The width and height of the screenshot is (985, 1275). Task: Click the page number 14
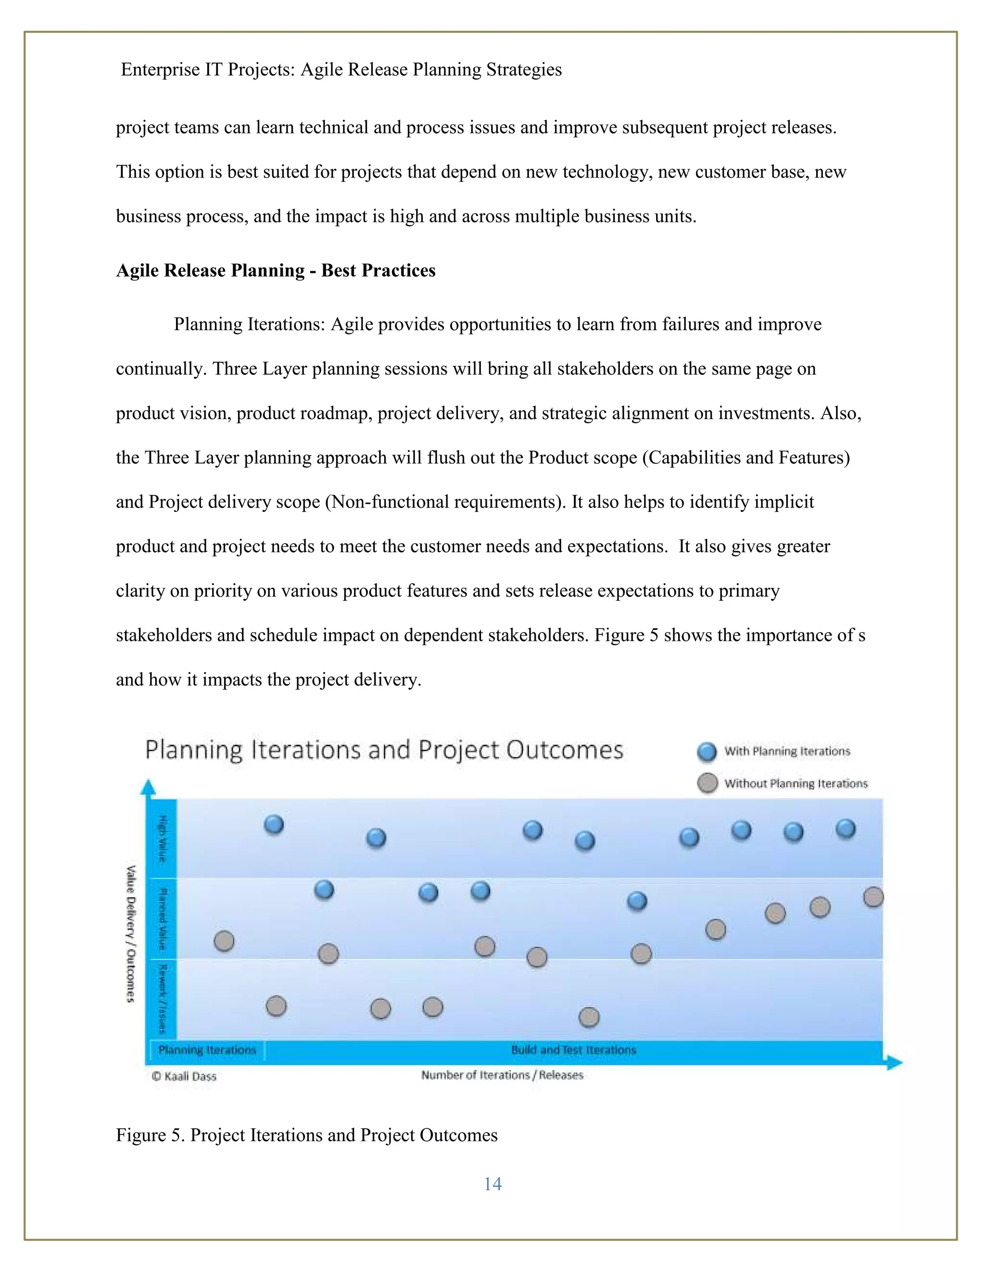pos(492,1184)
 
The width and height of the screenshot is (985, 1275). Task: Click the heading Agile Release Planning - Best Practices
pos(276,270)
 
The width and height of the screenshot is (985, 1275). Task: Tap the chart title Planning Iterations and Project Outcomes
pos(384,750)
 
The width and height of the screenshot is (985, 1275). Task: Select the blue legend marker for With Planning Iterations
pos(707,752)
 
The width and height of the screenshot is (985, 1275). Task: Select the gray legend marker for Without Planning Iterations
pos(707,783)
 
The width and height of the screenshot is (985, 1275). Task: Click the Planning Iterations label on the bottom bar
pos(207,1050)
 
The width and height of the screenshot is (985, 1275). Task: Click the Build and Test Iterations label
pos(573,1050)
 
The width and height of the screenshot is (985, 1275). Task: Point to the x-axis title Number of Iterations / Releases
pos(502,1075)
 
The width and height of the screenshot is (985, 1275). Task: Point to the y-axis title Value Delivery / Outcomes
pos(131,933)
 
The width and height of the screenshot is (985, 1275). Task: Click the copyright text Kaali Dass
pos(184,1076)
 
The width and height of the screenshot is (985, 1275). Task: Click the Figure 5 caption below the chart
pos(306,1135)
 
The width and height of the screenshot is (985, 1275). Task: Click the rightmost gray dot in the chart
pos(873,897)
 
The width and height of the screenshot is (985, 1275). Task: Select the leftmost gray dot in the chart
pos(224,941)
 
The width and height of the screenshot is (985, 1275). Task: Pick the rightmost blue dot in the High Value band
pos(846,829)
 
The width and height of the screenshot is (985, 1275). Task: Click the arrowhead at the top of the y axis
pos(149,787)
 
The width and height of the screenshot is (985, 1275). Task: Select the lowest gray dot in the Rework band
pos(589,1017)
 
